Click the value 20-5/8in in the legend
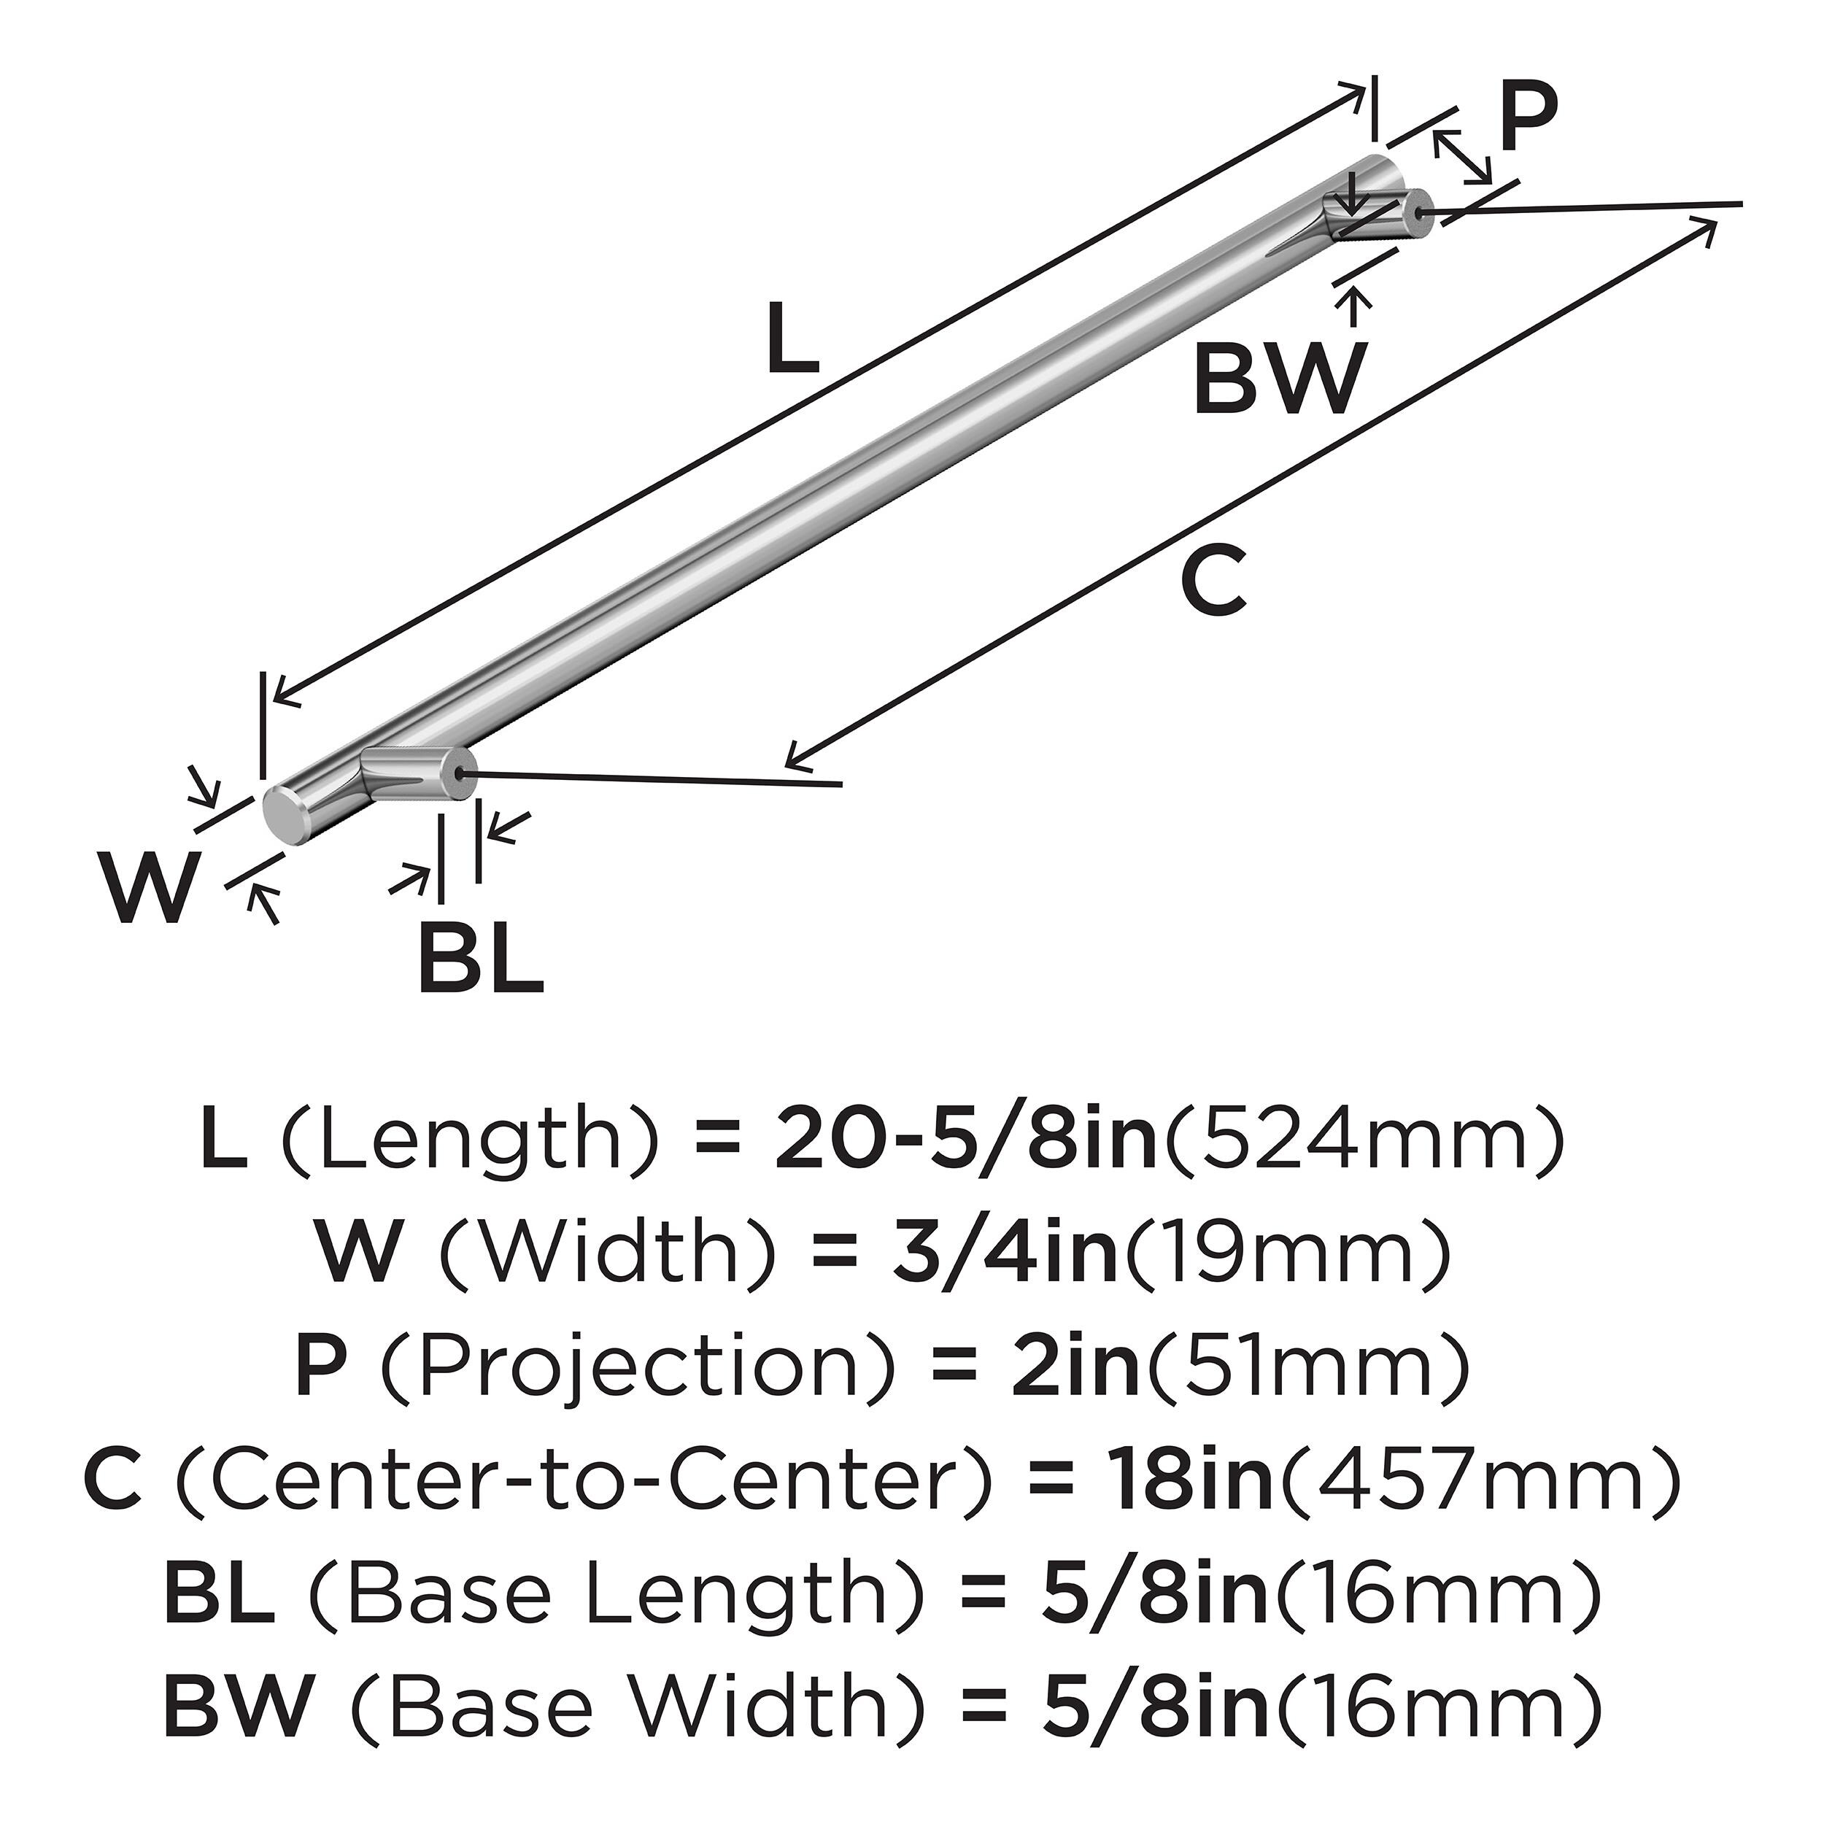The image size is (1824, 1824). coord(966,1143)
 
